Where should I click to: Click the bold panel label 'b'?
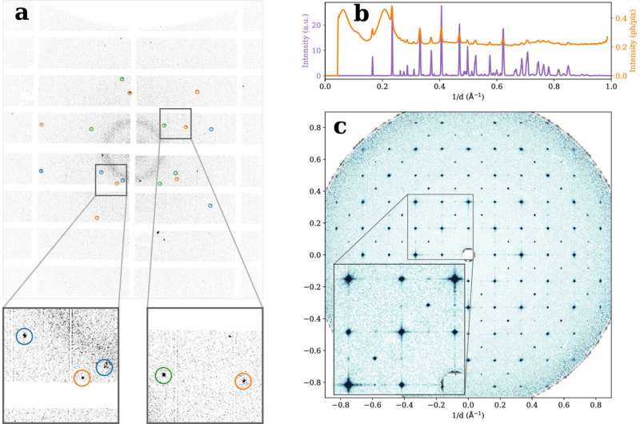[x=361, y=14]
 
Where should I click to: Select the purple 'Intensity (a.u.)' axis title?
[x=306, y=40]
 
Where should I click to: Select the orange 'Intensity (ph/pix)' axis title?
[x=631, y=40]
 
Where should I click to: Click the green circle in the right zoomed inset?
[x=163, y=374]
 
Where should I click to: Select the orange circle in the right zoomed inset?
[x=242, y=382]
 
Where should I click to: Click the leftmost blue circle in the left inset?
[x=25, y=337]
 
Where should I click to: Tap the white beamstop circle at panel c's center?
[x=469, y=254]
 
